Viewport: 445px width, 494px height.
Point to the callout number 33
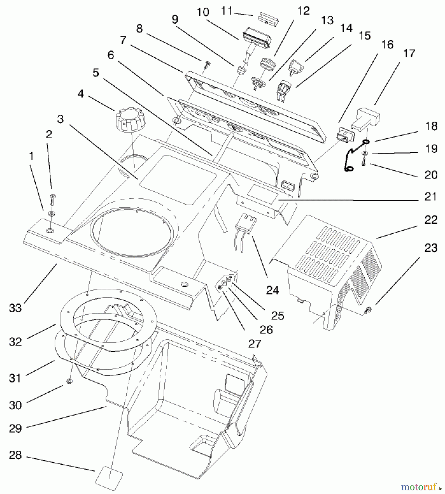[x=15, y=308]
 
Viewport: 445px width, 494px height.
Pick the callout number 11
[x=227, y=11]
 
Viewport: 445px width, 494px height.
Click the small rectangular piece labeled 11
[x=268, y=19]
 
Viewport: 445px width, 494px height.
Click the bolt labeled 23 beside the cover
[x=369, y=310]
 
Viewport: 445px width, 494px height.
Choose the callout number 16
[x=387, y=44]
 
